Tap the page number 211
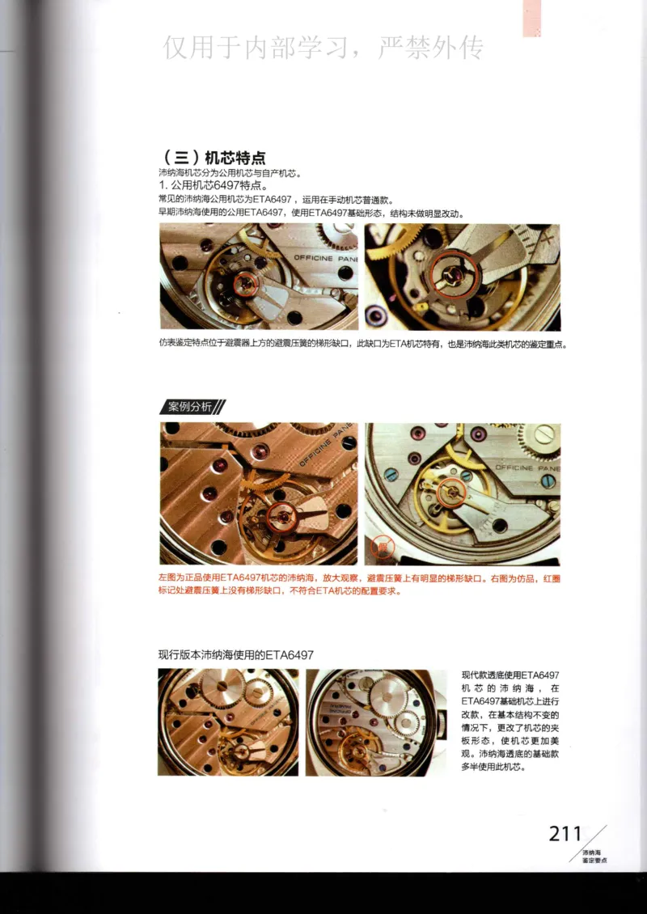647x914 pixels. [x=565, y=834]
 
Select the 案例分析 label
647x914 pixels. [x=190, y=407]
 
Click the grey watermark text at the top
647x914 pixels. [x=323, y=48]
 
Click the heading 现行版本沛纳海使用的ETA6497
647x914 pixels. [x=236, y=654]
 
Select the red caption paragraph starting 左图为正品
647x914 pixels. [x=356, y=585]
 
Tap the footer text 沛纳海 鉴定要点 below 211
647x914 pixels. [x=594, y=857]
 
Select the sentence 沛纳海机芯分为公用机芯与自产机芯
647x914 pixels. [x=230, y=173]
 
